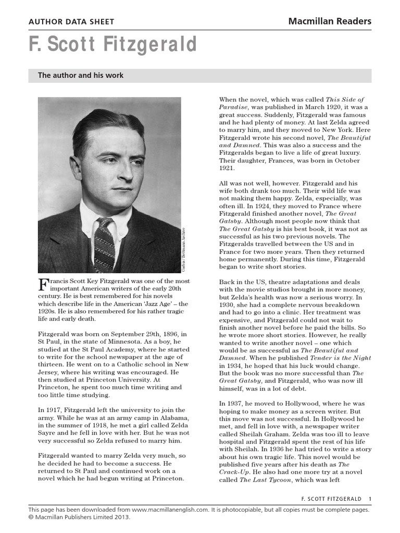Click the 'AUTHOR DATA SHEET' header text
(71, 22)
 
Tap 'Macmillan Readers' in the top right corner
(330, 21)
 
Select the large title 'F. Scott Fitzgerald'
(113, 46)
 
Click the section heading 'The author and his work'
(81, 75)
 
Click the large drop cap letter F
(44, 285)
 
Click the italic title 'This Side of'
(345, 99)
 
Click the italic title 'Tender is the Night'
(348, 358)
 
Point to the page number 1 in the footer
(370, 499)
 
